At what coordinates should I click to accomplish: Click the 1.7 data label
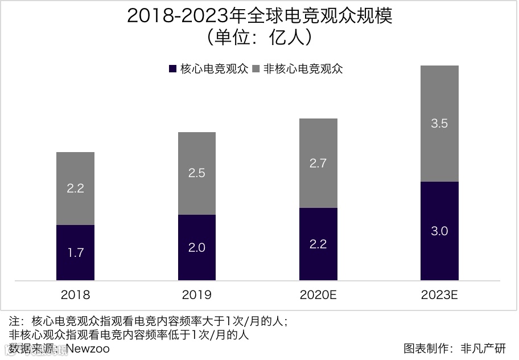(x=75, y=252)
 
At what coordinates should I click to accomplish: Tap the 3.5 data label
(x=439, y=124)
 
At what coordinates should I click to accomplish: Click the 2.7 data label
(x=318, y=163)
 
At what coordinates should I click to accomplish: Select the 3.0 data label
(x=439, y=231)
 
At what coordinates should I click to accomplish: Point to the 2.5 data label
(x=196, y=173)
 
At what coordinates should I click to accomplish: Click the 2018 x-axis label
(x=75, y=295)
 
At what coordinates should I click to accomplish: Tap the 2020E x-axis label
(x=318, y=295)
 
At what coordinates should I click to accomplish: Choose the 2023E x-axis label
(x=439, y=295)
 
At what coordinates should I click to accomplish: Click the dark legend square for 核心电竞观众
(x=173, y=69)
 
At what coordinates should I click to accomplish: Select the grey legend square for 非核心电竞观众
(x=256, y=69)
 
